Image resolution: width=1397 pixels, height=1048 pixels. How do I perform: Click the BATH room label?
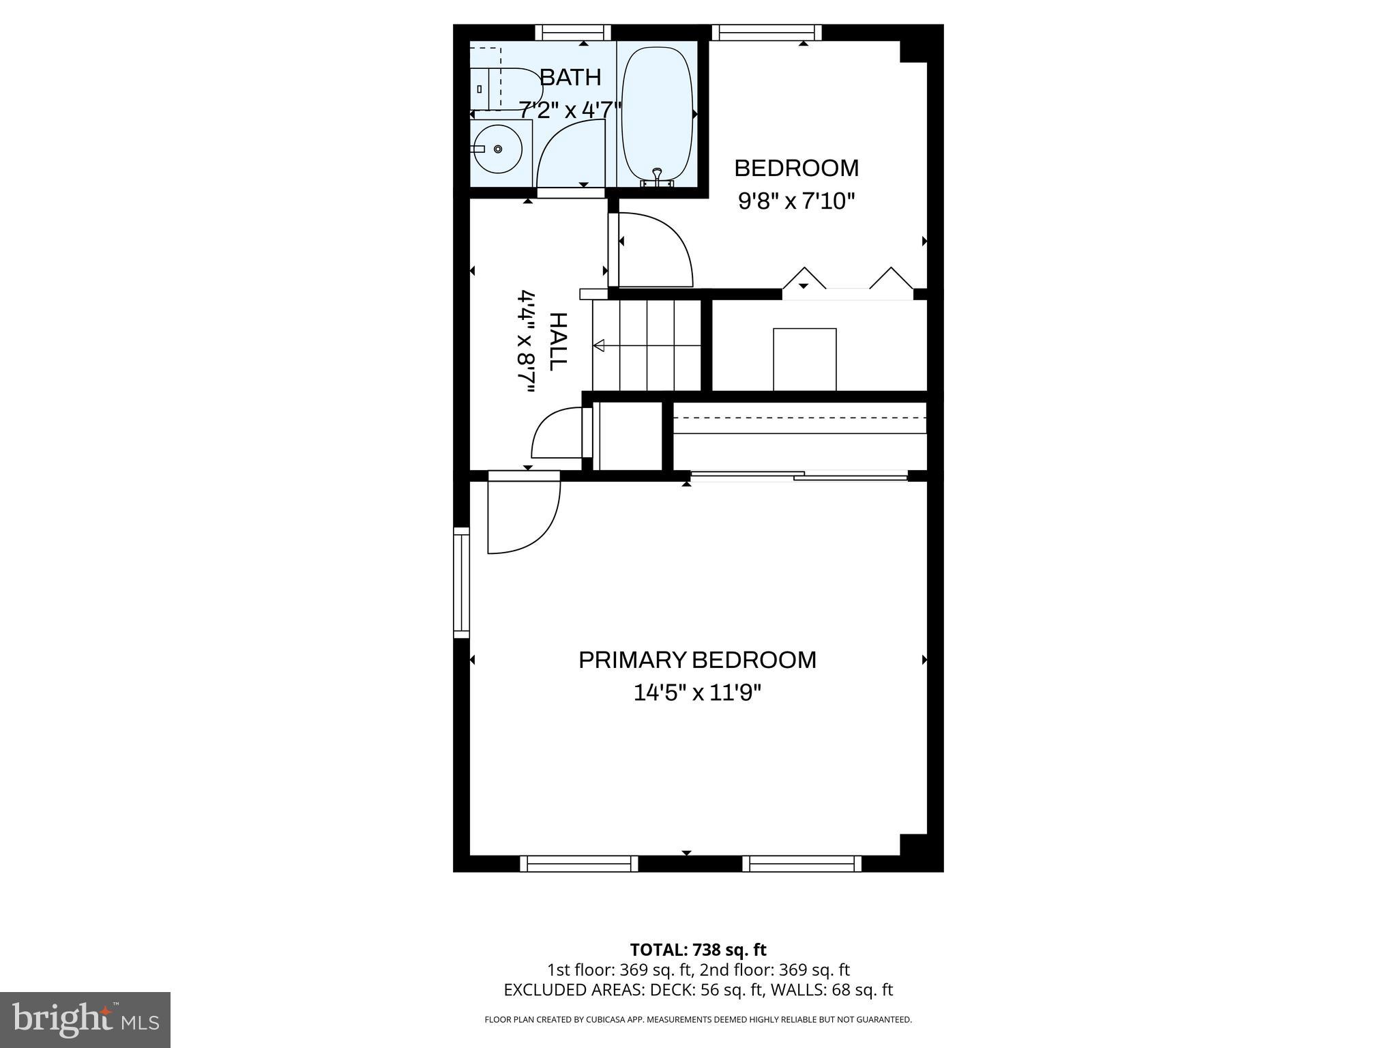(x=570, y=78)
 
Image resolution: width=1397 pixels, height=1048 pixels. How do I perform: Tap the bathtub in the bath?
(x=657, y=113)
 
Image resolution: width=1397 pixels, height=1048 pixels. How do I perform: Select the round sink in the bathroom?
(x=497, y=148)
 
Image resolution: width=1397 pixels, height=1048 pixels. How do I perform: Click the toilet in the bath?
(x=505, y=89)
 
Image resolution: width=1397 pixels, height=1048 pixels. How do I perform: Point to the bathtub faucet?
(x=657, y=176)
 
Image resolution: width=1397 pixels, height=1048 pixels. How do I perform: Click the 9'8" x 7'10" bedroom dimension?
(x=796, y=201)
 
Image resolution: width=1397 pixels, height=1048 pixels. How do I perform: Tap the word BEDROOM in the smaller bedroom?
(x=796, y=168)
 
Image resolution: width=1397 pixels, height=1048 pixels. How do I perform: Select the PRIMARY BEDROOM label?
(x=697, y=660)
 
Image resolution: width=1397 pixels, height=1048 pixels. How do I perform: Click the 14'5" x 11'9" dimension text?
(x=697, y=693)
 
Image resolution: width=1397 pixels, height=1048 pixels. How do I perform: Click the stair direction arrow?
(x=600, y=346)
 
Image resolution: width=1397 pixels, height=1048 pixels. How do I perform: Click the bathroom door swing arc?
(x=572, y=154)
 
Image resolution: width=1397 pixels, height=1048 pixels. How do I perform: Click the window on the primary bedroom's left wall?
(x=462, y=583)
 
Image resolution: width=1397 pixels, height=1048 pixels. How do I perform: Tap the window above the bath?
(x=572, y=32)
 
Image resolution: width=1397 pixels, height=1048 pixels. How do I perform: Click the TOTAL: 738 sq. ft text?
(x=698, y=950)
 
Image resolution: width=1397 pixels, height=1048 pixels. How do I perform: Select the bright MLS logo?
(x=85, y=1019)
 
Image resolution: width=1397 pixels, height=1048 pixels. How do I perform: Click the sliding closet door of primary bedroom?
(x=799, y=476)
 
